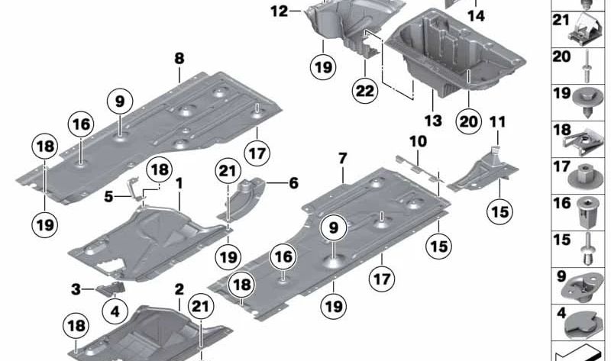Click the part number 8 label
(179, 58)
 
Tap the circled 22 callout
(365, 90)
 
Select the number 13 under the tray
(433, 120)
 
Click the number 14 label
(476, 15)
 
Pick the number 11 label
(498, 121)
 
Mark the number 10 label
(417, 141)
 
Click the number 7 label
(343, 159)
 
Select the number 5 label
(108, 196)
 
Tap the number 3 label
(76, 288)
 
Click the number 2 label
(179, 289)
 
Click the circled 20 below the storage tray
(470, 120)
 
